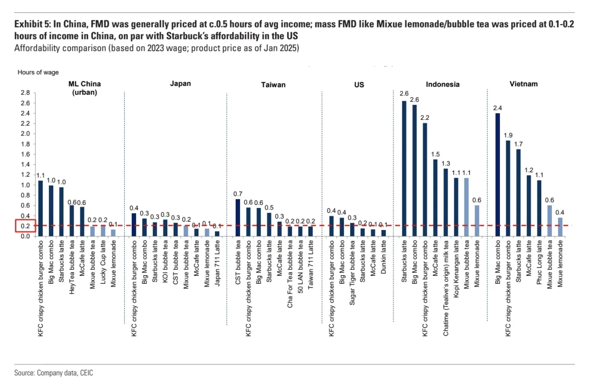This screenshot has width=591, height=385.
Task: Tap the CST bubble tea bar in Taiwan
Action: (238, 218)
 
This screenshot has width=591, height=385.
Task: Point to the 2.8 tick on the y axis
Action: (25, 92)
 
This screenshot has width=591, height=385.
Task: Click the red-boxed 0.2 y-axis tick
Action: (25, 226)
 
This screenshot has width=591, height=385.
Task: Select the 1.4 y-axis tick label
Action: (25, 164)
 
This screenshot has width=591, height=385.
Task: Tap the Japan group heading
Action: (180, 84)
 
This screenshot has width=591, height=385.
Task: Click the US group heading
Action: (359, 84)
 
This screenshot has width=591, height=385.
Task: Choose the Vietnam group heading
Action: (523, 84)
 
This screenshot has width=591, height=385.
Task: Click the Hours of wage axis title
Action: (38, 72)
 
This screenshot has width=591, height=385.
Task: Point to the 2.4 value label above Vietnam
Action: (497, 108)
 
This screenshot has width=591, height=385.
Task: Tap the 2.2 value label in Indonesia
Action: (425, 118)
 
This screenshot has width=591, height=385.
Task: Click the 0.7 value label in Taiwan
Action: (238, 194)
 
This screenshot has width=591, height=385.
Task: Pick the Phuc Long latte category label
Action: (539, 262)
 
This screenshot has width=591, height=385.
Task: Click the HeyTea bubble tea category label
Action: (72, 267)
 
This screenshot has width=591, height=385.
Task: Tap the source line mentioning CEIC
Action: (54, 373)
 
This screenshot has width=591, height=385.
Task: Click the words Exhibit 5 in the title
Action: (32, 24)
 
